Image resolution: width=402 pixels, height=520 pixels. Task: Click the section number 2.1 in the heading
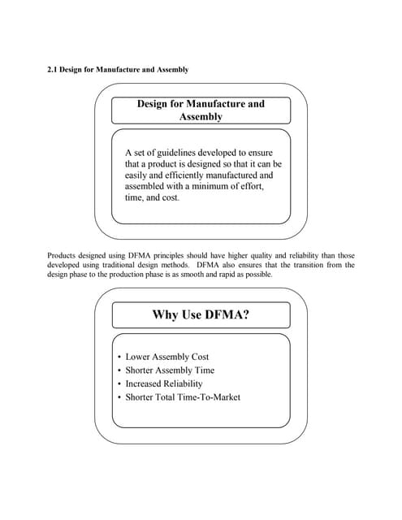coord(54,70)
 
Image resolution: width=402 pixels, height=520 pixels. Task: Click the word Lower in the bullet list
coord(138,357)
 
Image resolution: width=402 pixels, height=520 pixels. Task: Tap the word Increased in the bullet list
coord(145,383)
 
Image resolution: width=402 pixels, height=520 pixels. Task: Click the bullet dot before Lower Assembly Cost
coord(119,357)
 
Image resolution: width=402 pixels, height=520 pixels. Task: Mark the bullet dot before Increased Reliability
coord(119,383)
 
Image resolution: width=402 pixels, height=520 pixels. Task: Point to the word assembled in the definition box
coord(146,186)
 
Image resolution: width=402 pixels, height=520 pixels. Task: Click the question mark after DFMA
coord(245,314)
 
